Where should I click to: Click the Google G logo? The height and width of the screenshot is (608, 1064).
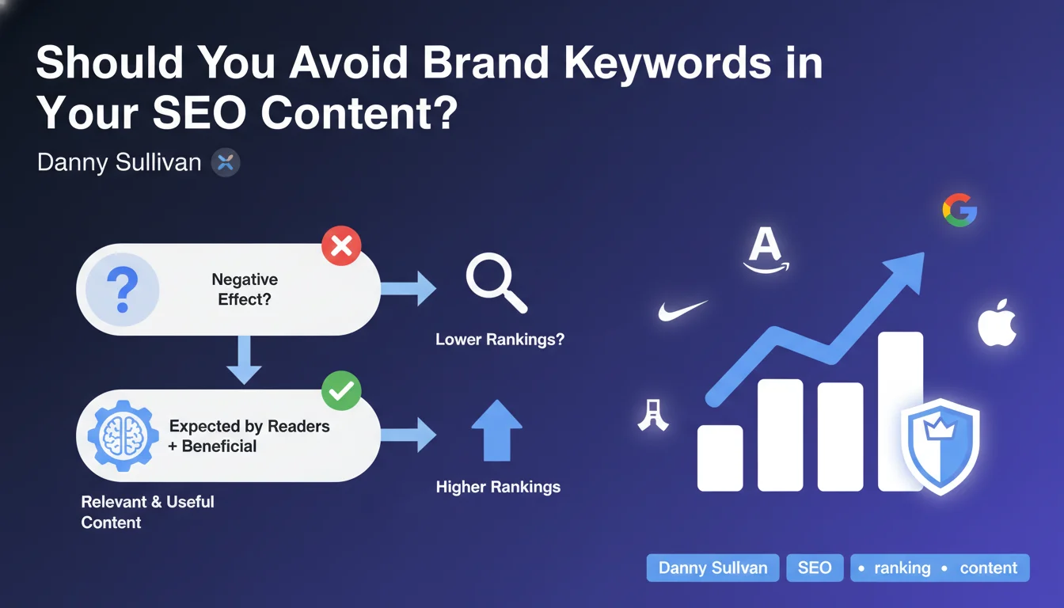coord(960,210)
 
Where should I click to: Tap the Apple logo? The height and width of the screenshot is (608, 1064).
coord(997,323)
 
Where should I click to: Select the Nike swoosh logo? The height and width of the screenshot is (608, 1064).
coord(682,311)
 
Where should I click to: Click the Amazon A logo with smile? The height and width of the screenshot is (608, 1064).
coord(766,250)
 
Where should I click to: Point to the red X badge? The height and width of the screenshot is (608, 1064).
coord(341,245)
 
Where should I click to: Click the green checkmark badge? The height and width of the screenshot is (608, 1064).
coord(341,390)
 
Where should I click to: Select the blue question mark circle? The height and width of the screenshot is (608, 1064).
coord(123,289)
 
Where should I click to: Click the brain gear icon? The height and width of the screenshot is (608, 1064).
coord(123,435)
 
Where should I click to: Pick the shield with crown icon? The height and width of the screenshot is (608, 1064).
coord(940,446)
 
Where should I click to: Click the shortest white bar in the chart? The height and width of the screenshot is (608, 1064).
coord(720,458)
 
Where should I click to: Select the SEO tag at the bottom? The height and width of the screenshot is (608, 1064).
coord(815,568)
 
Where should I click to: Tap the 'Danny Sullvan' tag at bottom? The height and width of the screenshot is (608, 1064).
coord(712,568)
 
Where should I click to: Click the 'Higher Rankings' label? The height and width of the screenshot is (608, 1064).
coord(498,487)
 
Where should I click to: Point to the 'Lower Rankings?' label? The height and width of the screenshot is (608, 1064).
coord(500,339)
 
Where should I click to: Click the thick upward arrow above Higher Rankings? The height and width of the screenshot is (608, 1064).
coord(497,431)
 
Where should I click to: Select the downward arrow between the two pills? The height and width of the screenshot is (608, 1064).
coord(244,359)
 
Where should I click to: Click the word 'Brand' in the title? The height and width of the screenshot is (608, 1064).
coord(485,63)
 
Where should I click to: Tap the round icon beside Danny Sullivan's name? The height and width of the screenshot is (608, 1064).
coord(226,162)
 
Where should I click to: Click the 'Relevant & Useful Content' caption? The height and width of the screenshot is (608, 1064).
coord(148,512)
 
